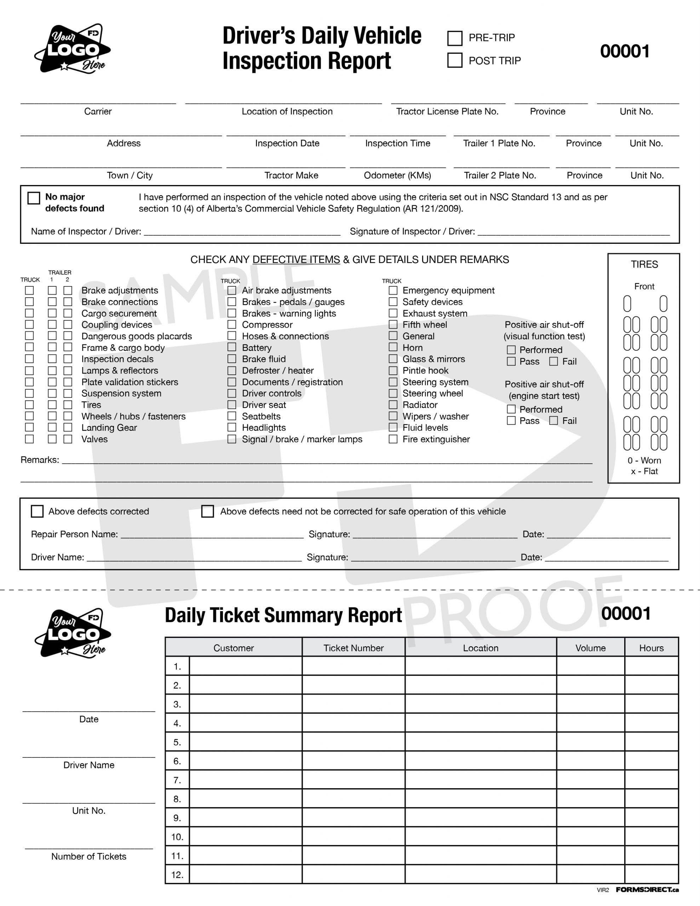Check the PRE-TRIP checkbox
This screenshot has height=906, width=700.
(x=455, y=38)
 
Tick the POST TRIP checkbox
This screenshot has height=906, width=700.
(x=455, y=60)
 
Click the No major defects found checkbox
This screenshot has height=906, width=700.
(x=34, y=198)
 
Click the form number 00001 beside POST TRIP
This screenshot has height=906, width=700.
(x=625, y=51)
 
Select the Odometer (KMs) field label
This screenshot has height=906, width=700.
(x=397, y=176)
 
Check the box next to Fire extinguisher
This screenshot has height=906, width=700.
(x=392, y=439)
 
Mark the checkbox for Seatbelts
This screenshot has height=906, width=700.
(x=232, y=416)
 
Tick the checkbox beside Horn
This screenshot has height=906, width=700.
(x=392, y=347)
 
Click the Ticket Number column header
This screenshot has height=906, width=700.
(x=354, y=648)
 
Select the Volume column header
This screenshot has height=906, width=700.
(x=590, y=648)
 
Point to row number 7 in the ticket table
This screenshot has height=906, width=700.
(x=177, y=780)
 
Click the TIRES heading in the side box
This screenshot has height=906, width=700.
(x=644, y=265)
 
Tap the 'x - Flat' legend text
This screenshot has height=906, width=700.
(x=644, y=471)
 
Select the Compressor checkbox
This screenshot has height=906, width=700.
(x=232, y=325)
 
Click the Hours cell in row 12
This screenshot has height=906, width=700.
(x=651, y=875)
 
